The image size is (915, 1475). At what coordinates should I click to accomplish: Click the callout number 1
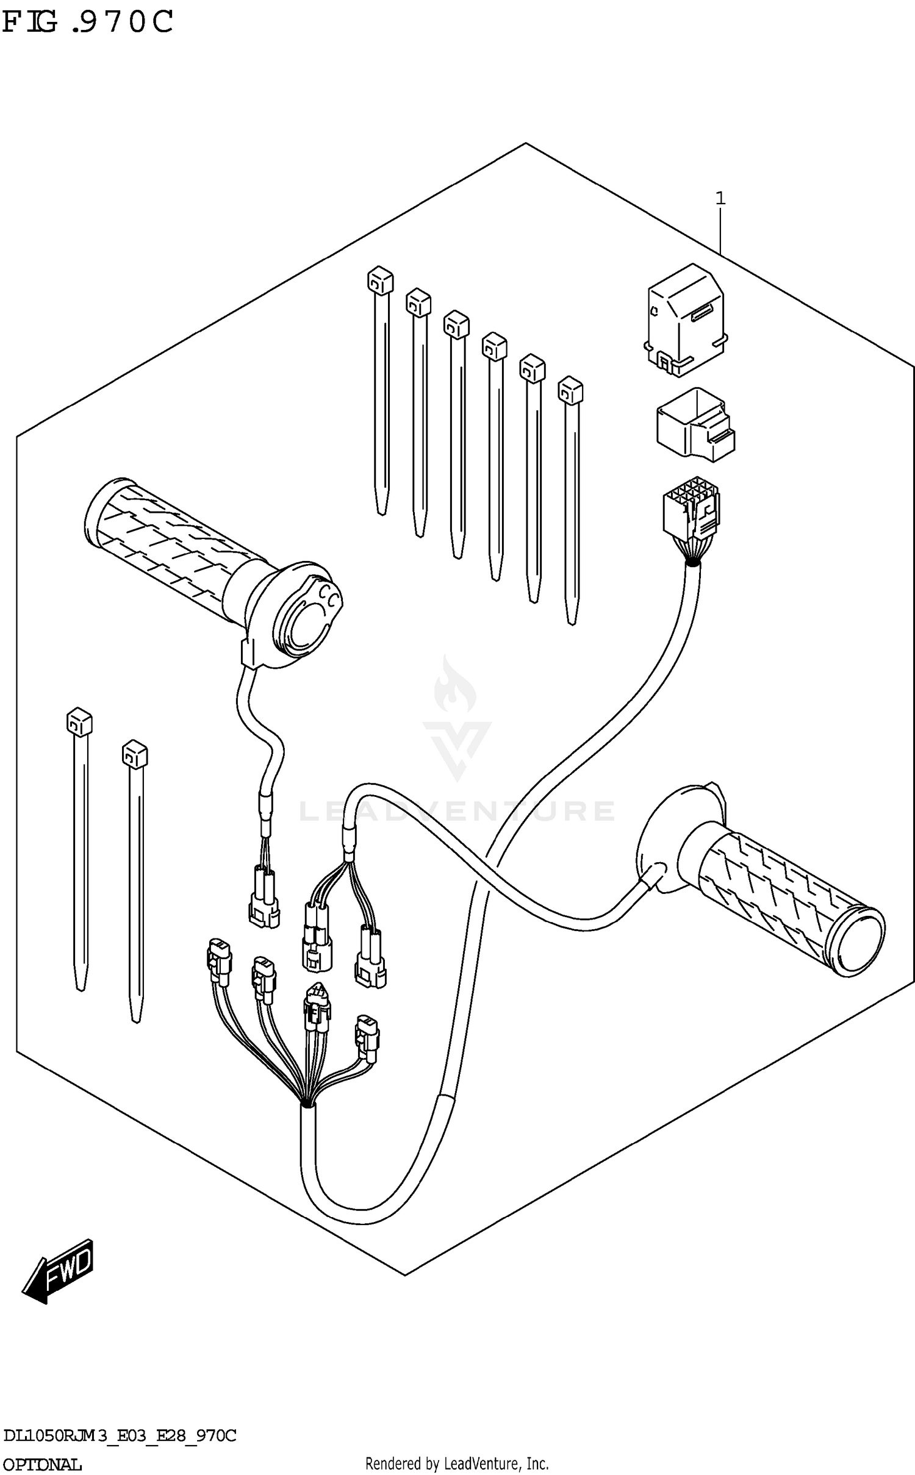(x=720, y=198)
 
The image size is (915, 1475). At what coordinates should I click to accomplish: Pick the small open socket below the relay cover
(x=694, y=422)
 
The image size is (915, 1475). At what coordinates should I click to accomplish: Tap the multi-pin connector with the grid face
(x=690, y=511)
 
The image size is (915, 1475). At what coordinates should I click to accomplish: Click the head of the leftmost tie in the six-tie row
(x=379, y=280)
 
